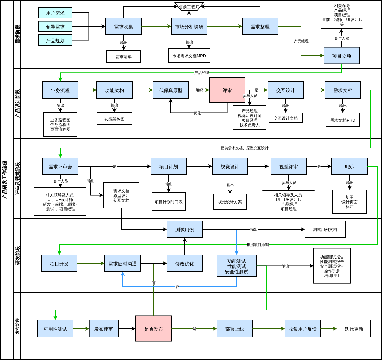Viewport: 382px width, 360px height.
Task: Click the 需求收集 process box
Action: pyautogui.click(x=124, y=26)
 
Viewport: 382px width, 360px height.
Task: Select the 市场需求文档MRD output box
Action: pyautogui.click(x=189, y=56)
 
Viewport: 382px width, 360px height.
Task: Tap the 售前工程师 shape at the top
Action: pyautogui.click(x=189, y=7)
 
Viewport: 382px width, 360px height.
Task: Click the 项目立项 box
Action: pyautogui.click(x=341, y=56)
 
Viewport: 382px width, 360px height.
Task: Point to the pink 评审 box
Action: pyautogui.click(x=227, y=90)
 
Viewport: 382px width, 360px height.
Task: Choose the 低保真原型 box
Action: pyautogui.click(x=170, y=90)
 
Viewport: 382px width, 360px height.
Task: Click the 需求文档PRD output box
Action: pyautogui.click(x=343, y=120)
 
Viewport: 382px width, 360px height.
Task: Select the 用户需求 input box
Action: pyautogui.click(x=55, y=13)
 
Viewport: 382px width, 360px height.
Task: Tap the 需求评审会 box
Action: pyautogui.click(x=60, y=167)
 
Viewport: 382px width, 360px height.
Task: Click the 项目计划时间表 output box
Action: pyautogui.click(x=169, y=202)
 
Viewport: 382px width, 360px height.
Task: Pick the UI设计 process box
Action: pyautogui.click(x=349, y=167)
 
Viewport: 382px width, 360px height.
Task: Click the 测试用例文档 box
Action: pyautogui.click(x=325, y=230)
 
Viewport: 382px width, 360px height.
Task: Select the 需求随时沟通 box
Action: pyautogui.click(x=123, y=264)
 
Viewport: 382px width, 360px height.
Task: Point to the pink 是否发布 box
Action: pyautogui.click(x=153, y=329)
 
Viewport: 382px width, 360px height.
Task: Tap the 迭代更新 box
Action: pyautogui.click(x=354, y=329)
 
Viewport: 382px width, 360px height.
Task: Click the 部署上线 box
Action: pyautogui.click(x=235, y=329)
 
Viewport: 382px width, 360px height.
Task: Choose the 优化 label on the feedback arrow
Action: pyautogui.click(x=197, y=113)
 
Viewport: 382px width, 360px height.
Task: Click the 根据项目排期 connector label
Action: pyautogui.click(x=258, y=245)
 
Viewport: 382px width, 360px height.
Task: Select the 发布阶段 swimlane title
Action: pyautogui.click(x=17, y=326)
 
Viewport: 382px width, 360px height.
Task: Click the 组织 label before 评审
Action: pyautogui.click(x=199, y=90)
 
